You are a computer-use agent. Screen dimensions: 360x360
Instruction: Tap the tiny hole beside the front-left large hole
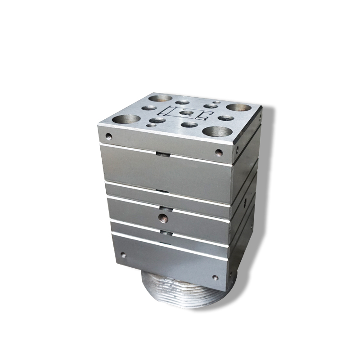pyautogui.click(x=148, y=126)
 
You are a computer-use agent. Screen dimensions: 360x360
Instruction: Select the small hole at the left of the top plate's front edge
pyautogui.click(x=108, y=135)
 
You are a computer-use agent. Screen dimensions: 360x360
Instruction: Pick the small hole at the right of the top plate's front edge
pyautogui.click(x=219, y=152)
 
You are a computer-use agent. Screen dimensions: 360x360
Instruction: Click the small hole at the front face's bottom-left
pyautogui.click(x=123, y=255)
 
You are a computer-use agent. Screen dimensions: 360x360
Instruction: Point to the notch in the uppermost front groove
pyautogui.click(x=163, y=154)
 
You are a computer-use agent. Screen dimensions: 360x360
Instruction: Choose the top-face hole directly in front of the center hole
pyautogui.click(x=189, y=124)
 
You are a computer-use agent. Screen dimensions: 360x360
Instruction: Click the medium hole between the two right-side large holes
pyautogui.click(x=226, y=118)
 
